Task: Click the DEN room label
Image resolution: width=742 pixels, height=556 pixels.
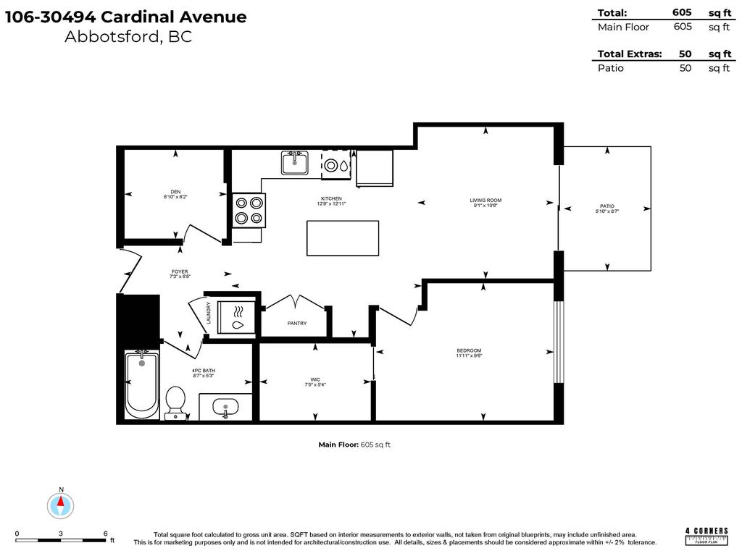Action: [175, 193]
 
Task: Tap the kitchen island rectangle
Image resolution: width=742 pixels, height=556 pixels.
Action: [343, 238]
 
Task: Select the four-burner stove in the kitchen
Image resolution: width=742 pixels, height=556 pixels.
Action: [249, 210]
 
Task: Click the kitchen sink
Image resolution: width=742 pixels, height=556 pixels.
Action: [295, 163]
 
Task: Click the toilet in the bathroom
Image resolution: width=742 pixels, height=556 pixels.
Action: [175, 403]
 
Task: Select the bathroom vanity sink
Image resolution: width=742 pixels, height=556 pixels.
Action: [225, 408]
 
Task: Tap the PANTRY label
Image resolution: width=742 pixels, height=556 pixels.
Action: [297, 323]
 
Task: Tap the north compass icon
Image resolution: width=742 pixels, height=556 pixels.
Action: [62, 504]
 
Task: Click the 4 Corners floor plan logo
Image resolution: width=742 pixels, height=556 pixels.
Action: [706, 535]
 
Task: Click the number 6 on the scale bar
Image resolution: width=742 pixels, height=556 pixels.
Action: [106, 533]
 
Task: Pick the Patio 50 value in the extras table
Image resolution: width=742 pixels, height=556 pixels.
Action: [685, 68]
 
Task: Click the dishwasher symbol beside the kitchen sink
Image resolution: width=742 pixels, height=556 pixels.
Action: [336, 164]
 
